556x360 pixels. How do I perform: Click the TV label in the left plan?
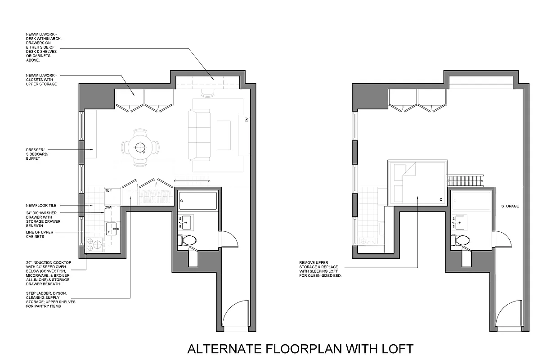[x=247, y=120]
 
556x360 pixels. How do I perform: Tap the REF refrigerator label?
[x=108, y=191]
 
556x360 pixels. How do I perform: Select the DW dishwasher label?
[x=108, y=207]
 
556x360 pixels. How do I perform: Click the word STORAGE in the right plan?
[x=510, y=206]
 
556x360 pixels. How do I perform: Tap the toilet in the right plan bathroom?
[x=461, y=240]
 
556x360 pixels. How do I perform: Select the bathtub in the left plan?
[x=198, y=201]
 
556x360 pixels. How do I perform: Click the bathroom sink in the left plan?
[x=185, y=222]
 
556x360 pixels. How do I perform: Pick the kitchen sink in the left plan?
[x=112, y=229]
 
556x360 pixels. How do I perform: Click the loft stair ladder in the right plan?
[x=465, y=181]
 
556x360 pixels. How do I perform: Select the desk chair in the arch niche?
[x=207, y=93]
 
